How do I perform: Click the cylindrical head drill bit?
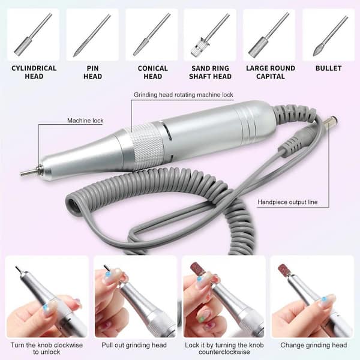[x=33, y=35]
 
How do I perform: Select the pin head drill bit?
[x=92, y=35]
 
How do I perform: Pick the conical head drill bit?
[x=152, y=34]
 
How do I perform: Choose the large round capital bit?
[x=269, y=34]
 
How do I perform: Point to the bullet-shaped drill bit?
[x=331, y=35]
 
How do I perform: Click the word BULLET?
[x=328, y=68]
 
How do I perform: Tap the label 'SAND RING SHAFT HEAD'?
[x=211, y=73]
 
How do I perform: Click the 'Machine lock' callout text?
[x=85, y=121]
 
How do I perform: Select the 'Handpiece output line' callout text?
[x=287, y=202]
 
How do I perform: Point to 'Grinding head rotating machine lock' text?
[x=184, y=95]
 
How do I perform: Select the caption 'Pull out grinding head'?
[x=134, y=345]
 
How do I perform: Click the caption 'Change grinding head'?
[x=314, y=345]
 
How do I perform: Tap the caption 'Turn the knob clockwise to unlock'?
[x=47, y=348]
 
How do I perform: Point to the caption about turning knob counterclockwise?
[x=224, y=348]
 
